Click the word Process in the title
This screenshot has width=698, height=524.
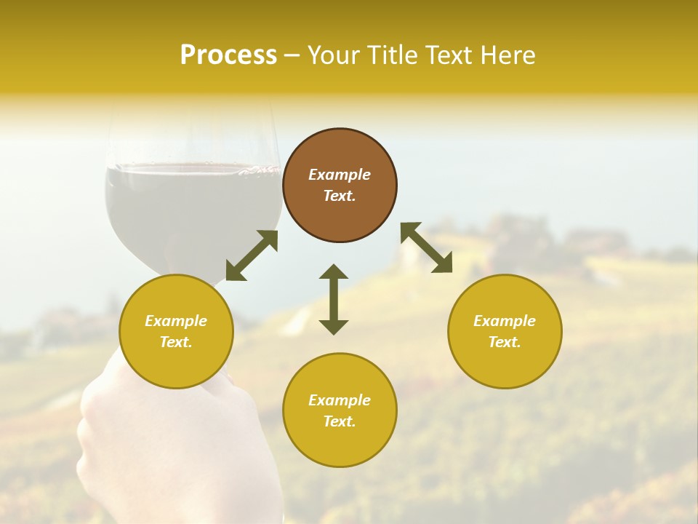[228, 55]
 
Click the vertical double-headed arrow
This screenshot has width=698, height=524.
[334, 299]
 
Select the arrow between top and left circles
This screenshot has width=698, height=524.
[252, 255]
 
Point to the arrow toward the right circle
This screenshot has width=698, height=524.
[427, 247]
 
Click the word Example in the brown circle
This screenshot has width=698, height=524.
[340, 175]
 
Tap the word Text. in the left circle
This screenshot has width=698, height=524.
[176, 342]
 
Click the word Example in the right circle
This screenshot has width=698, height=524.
[505, 321]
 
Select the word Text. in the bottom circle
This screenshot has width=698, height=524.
[340, 421]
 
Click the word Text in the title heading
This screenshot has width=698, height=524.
[449, 55]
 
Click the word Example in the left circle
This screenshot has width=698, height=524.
[176, 321]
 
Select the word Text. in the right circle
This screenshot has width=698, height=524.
[505, 342]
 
